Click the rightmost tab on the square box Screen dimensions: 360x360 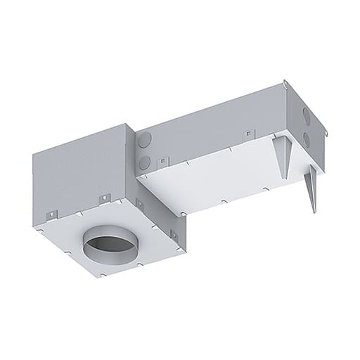(139, 204)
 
